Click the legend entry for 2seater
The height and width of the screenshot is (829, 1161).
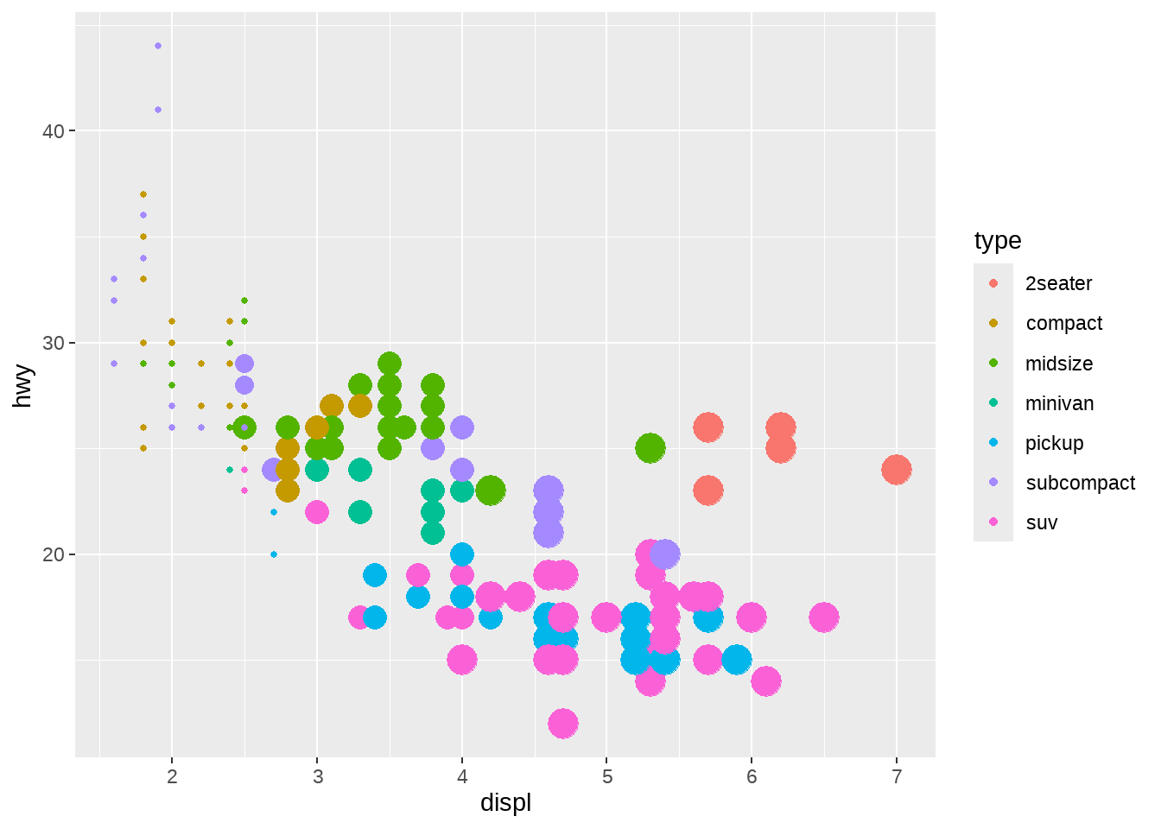point(1058,283)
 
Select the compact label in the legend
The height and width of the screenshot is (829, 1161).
point(1063,323)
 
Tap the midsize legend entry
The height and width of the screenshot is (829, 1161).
point(1058,364)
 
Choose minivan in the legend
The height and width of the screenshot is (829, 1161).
point(1059,403)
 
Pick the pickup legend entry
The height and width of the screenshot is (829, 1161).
point(1054,443)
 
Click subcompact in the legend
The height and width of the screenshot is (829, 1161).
point(1080,483)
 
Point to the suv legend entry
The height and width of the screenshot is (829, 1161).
point(1041,522)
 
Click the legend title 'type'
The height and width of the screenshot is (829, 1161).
point(998,240)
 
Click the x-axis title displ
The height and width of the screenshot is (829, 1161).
point(505,803)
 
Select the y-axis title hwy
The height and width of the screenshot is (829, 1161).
point(23,385)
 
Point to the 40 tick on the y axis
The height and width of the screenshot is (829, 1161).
point(54,131)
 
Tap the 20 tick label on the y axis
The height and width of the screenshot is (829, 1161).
point(54,554)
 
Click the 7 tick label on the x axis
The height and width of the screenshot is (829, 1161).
point(897,776)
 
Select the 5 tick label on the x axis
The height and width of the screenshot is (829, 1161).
point(607,776)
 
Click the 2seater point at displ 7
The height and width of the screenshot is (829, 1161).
point(897,470)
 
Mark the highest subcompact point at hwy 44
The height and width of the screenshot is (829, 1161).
point(157,46)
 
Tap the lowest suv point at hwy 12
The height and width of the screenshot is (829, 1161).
point(563,724)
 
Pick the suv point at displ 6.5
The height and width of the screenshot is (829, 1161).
point(824,617)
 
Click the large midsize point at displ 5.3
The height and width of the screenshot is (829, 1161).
point(650,448)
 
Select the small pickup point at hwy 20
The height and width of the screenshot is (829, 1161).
point(274,554)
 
